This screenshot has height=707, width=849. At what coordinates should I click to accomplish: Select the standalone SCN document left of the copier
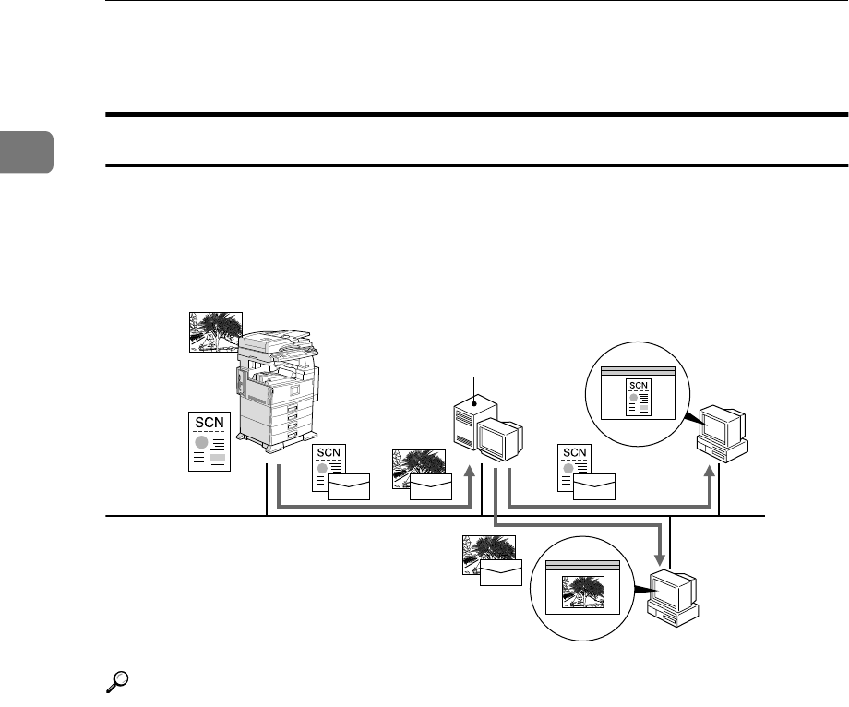(209, 441)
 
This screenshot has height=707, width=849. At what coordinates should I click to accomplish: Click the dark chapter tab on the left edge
(26, 151)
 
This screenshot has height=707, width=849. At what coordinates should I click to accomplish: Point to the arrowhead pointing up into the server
(472, 473)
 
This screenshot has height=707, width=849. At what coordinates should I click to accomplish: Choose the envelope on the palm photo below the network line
(500, 572)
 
